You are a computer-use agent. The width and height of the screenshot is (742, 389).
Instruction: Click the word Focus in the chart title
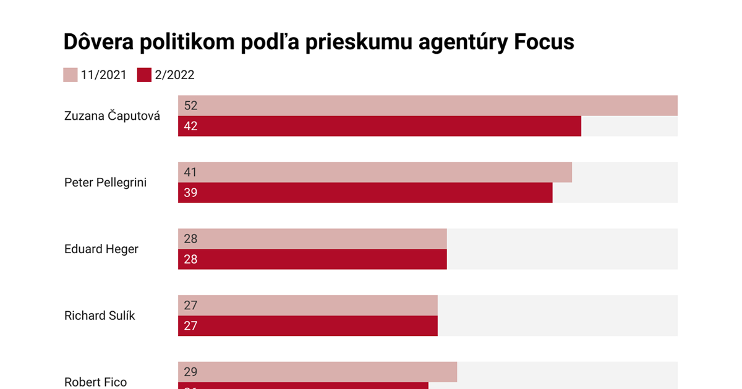click(544, 41)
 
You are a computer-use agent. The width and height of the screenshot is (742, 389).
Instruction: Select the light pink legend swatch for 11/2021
click(70, 75)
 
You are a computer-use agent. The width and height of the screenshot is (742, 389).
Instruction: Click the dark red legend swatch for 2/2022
click(144, 75)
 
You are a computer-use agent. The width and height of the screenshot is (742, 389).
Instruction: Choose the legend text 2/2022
click(175, 75)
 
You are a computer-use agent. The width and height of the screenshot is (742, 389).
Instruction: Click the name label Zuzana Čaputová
click(112, 115)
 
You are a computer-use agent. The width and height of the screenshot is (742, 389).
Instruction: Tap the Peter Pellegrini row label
click(105, 182)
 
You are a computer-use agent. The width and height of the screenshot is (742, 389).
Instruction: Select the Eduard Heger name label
click(101, 249)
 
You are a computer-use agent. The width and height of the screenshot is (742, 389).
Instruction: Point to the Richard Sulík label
click(100, 316)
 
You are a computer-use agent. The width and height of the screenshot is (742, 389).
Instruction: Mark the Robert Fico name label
click(95, 382)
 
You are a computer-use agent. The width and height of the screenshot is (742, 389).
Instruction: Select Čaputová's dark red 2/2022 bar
click(380, 126)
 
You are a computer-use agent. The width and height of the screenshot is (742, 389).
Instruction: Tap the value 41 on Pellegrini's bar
click(190, 172)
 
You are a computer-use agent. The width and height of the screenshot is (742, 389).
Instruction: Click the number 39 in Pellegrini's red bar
click(190, 193)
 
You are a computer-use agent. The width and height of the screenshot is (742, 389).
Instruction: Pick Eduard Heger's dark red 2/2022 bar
click(312, 259)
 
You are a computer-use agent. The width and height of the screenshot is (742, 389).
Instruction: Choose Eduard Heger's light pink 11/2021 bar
click(312, 239)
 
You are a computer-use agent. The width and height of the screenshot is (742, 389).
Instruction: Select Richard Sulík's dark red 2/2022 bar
click(308, 326)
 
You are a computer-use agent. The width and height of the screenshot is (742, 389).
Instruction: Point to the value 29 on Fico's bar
click(190, 372)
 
